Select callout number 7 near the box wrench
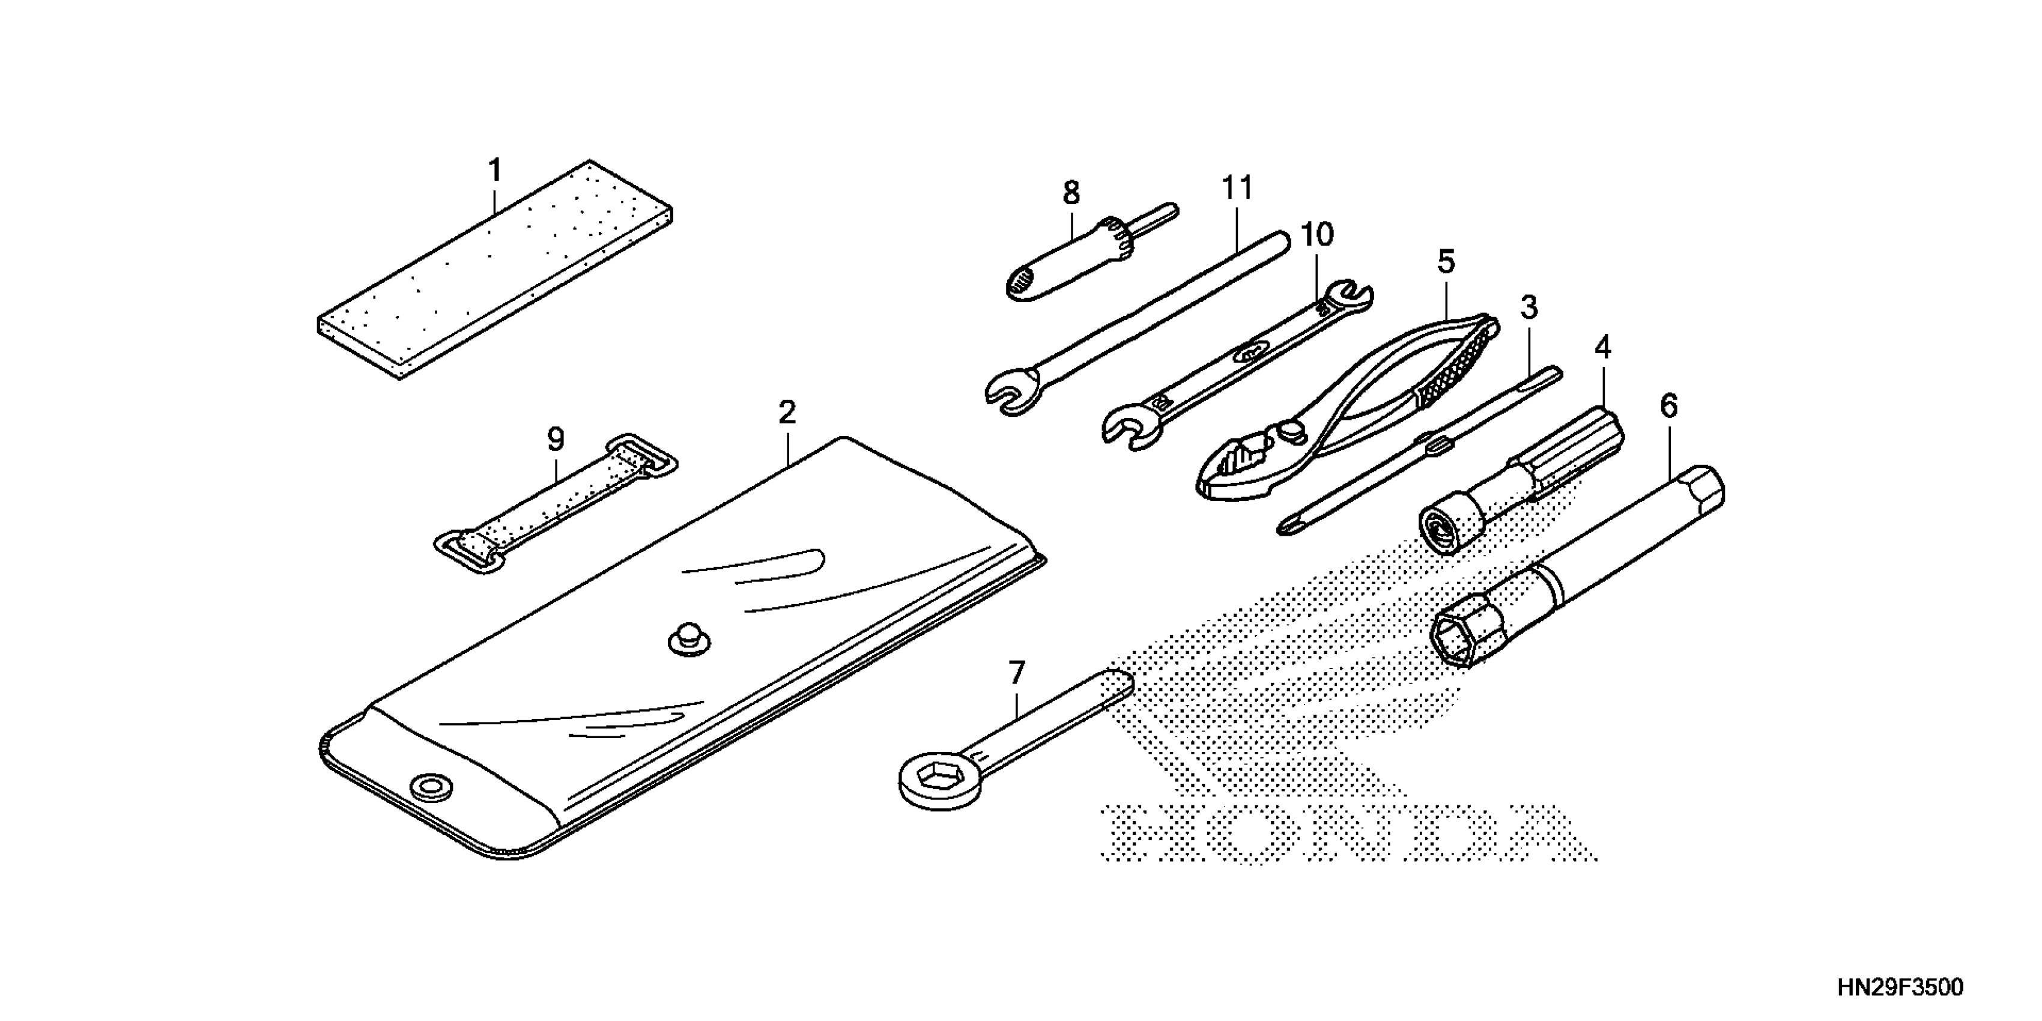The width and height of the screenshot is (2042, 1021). click(x=1016, y=673)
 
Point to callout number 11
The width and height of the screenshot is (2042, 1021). click(x=1237, y=189)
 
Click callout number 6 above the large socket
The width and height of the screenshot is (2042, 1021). click(x=1668, y=406)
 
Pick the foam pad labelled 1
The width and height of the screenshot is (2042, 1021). click(x=495, y=270)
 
